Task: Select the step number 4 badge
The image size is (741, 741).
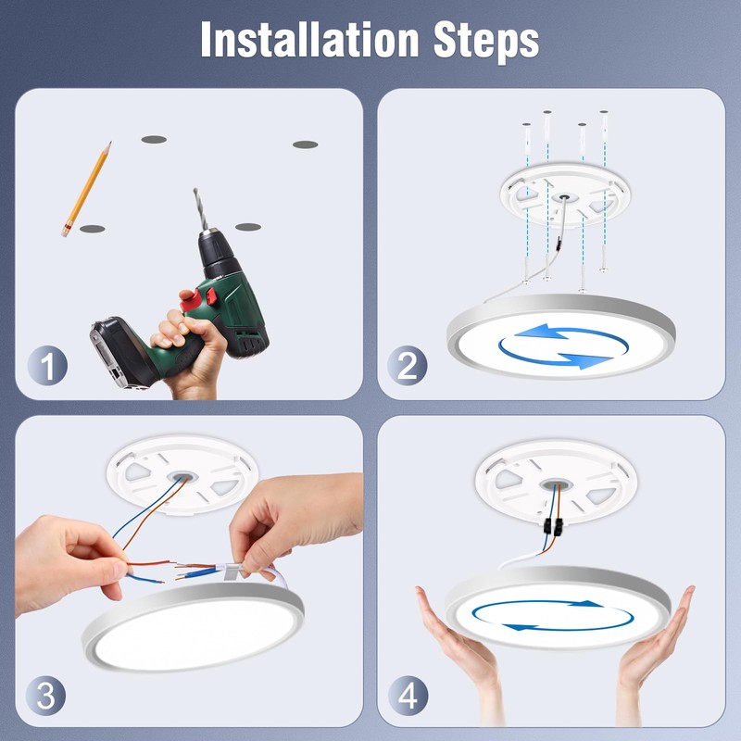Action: coord(407,695)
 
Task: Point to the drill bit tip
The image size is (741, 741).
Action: coord(195,192)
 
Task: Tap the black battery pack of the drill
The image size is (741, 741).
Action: coord(118,349)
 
